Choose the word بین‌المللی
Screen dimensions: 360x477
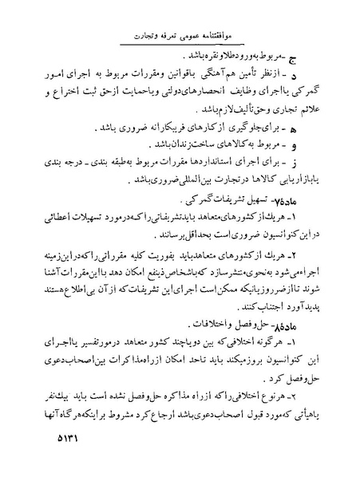pyautogui.click(x=137, y=181)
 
